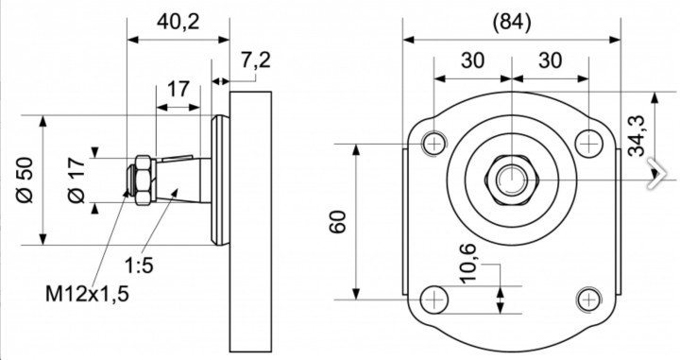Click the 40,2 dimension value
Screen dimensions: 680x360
pos(178,22)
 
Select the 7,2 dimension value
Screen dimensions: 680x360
pos(256,60)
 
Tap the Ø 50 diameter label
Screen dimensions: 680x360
pos(25,180)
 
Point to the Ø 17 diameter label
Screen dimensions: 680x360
pos(76,180)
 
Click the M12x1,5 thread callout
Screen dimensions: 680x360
pos(87,294)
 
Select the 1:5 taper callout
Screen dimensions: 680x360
pos(139,265)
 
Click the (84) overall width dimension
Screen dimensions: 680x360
pos(512,22)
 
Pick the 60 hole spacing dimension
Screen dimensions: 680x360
pos(338,222)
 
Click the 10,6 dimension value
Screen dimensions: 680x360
pos(467,264)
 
